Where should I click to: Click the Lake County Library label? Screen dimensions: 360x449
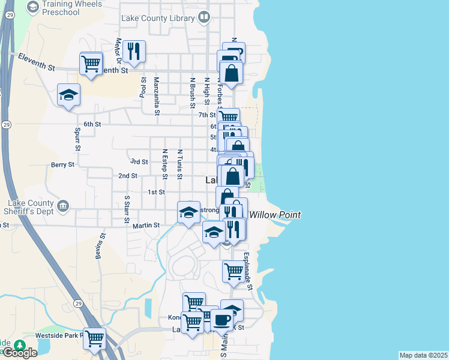(158, 18)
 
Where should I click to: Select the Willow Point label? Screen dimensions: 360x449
(275, 215)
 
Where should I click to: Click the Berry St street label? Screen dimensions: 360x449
(62, 164)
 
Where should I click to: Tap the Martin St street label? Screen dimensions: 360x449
(146, 225)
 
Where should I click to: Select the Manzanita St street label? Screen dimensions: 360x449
(157, 96)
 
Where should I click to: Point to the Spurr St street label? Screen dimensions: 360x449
(77, 139)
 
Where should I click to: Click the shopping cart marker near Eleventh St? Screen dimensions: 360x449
(91, 62)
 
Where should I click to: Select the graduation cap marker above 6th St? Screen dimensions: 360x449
(68, 95)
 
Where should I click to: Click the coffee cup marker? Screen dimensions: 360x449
(221, 320)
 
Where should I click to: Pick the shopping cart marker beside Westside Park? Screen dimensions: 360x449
(94, 338)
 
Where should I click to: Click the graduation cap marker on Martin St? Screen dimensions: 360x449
(188, 212)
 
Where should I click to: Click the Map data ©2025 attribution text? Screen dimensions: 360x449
(423, 355)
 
